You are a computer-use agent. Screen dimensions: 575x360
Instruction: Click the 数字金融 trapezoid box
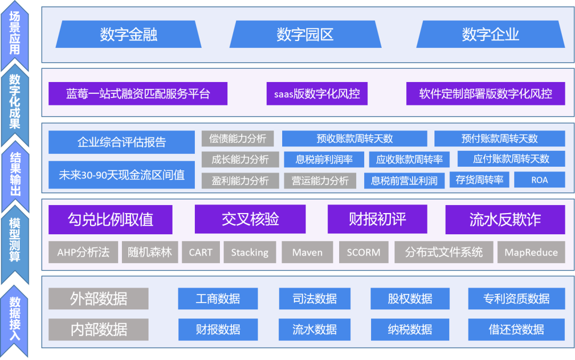pyautogui.click(x=128, y=34)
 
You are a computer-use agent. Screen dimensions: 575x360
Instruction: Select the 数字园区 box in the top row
pyautogui.click(x=305, y=34)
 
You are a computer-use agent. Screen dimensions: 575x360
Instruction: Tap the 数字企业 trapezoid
pyautogui.click(x=490, y=34)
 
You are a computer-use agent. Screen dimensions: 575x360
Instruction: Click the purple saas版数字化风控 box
pyautogui.click(x=317, y=94)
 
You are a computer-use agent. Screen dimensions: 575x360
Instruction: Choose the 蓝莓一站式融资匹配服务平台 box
pyautogui.click(x=138, y=94)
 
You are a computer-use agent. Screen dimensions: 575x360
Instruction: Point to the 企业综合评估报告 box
pyautogui.click(x=121, y=142)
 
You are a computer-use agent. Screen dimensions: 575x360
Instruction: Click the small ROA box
pyautogui.click(x=539, y=180)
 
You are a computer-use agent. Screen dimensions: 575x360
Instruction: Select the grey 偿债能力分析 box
pyautogui.click(x=237, y=138)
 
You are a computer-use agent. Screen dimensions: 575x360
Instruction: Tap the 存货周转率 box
pyautogui.click(x=479, y=180)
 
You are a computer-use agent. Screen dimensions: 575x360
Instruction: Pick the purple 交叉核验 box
pyautogui.click(x=250, y=219)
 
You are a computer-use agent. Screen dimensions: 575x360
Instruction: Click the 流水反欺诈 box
pyautogui.click(x=505, y=219)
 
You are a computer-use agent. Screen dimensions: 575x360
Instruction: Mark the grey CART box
pyautogui.click(x=201, y=252)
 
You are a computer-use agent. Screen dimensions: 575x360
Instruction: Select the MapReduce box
pyautogui.click(x=531, y=252)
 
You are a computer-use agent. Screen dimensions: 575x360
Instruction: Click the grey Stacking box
pyautogui.click(x=250, y=252)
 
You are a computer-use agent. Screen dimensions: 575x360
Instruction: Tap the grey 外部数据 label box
pyautogui.click(x=98, y=299)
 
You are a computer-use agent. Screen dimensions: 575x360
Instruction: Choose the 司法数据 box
pyautogui.click(x=315, y=299)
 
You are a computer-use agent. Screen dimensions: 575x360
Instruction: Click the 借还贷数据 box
pyautogui.click(x=516, y=330)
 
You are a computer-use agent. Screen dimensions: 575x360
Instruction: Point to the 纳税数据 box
pyautogui.click(x=410, y=330)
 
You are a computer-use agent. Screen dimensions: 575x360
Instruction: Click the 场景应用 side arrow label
pyautogui.click(x=15, y=34)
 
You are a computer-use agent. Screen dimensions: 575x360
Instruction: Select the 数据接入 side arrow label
pyautogui.click(x=15, y=320)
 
